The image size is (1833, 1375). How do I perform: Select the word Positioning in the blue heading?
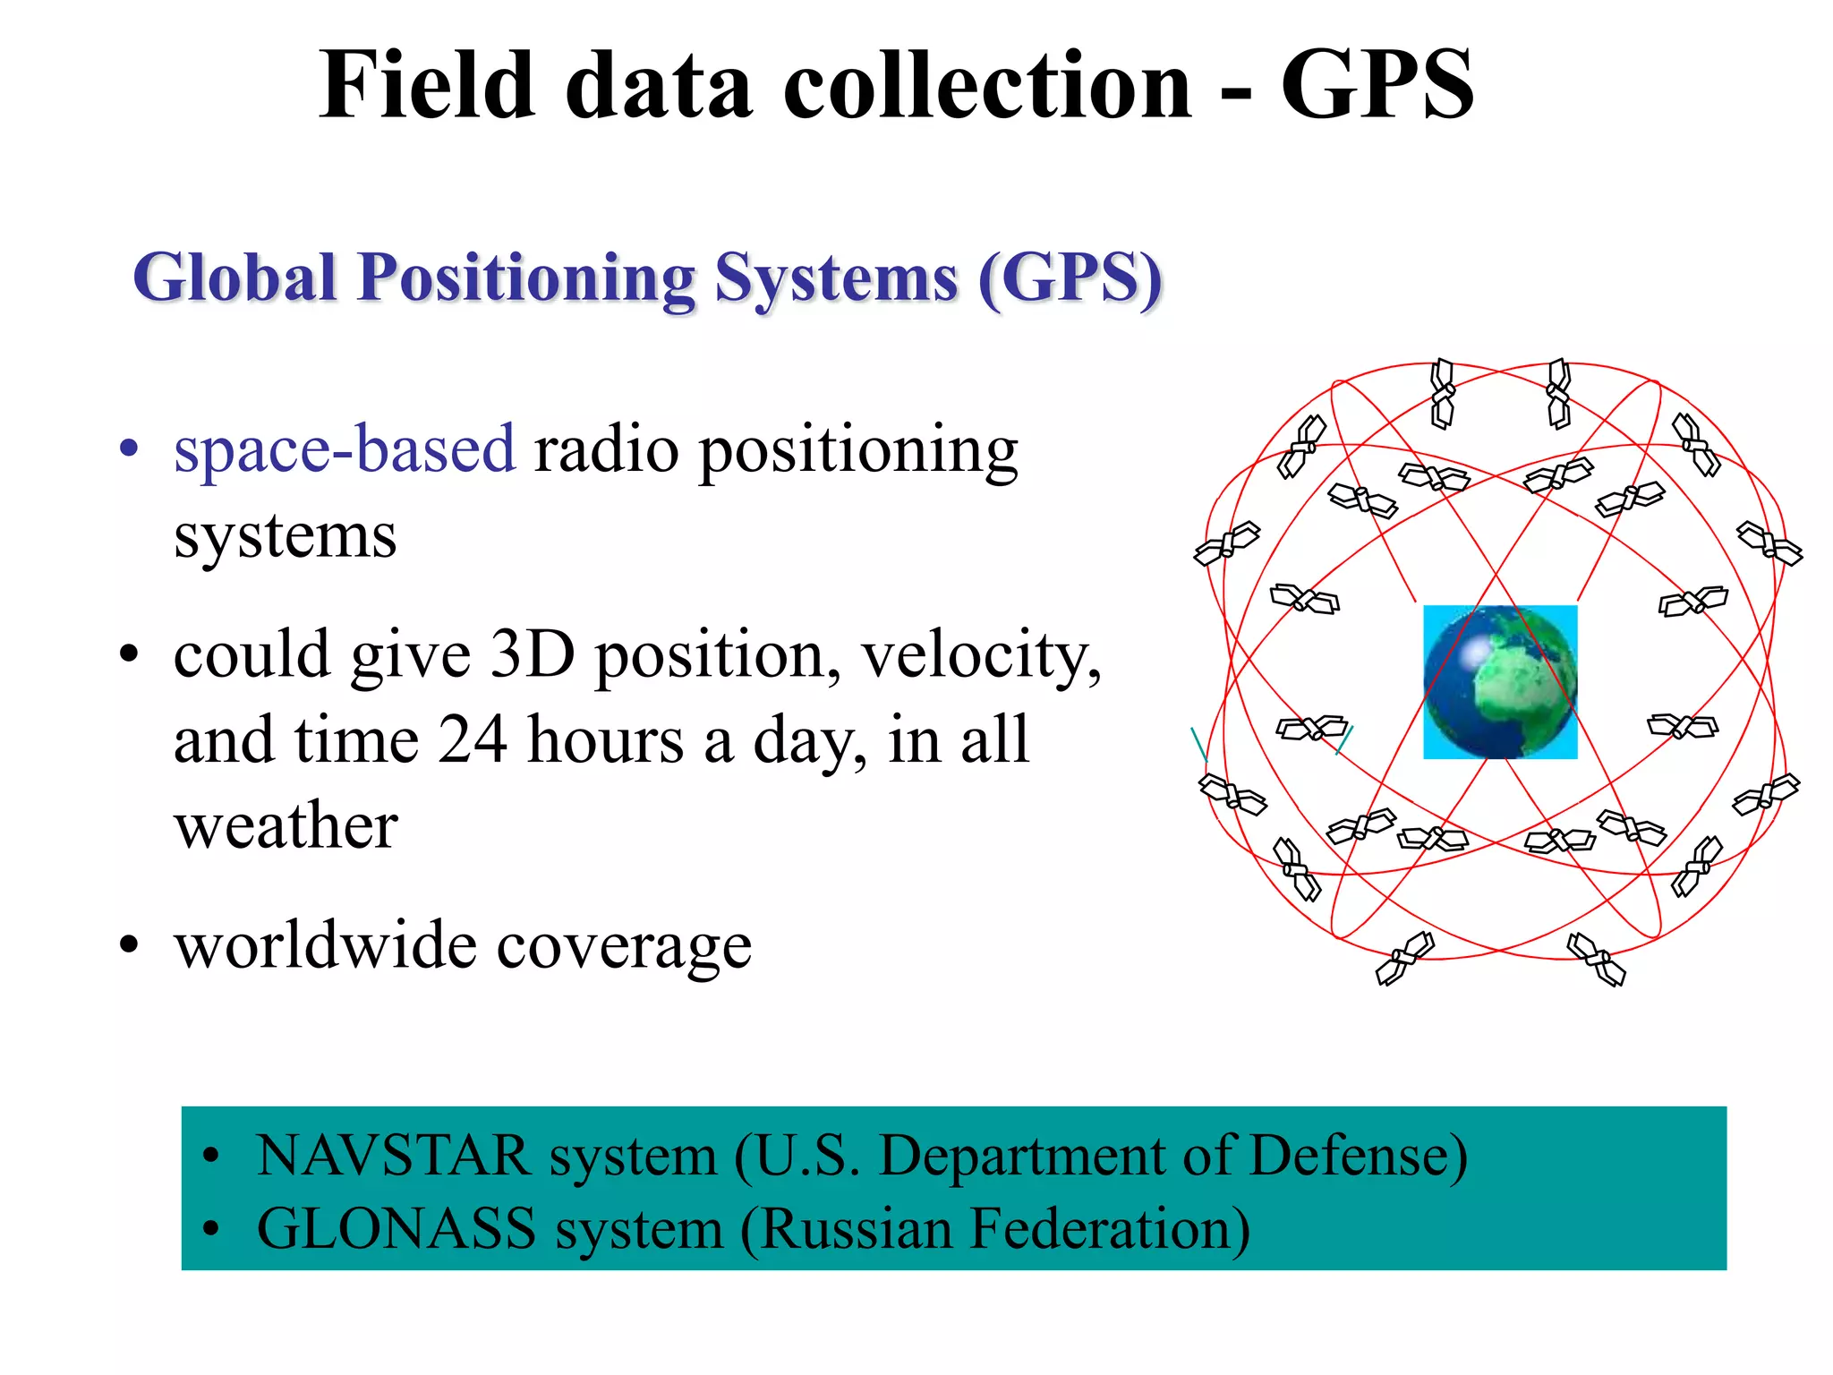pos(526,279)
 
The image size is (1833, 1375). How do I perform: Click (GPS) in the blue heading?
pos(1070,279)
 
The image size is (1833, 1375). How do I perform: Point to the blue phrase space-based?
pos(345,449)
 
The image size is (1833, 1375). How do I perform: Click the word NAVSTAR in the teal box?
pos(393,1156)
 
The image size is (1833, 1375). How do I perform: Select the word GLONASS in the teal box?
pos(396,1229)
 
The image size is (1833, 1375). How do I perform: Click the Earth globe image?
pos(1500,682)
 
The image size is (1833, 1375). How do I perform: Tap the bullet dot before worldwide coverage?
pos(130,944)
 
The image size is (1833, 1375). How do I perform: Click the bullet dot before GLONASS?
pos(210,1229)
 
